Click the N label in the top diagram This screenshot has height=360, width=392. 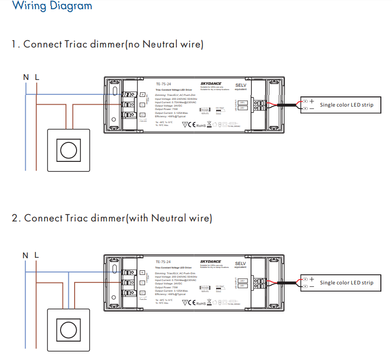[x=26, y=77]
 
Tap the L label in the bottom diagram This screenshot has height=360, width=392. [x=36, y=255]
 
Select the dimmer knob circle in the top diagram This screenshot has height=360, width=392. [x=68, y=149]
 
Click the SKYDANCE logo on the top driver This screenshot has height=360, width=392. [x=210, y=84]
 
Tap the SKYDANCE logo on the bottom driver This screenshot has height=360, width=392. [x=210, y=262]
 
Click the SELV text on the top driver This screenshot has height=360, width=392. [x=241, y=85]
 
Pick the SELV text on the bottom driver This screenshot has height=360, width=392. [x=241, y=263]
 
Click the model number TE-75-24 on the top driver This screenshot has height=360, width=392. [x=163, y=84]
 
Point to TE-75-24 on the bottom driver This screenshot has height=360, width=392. [x=163, y=262]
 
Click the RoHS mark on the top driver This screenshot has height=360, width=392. [x=201, y=125]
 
